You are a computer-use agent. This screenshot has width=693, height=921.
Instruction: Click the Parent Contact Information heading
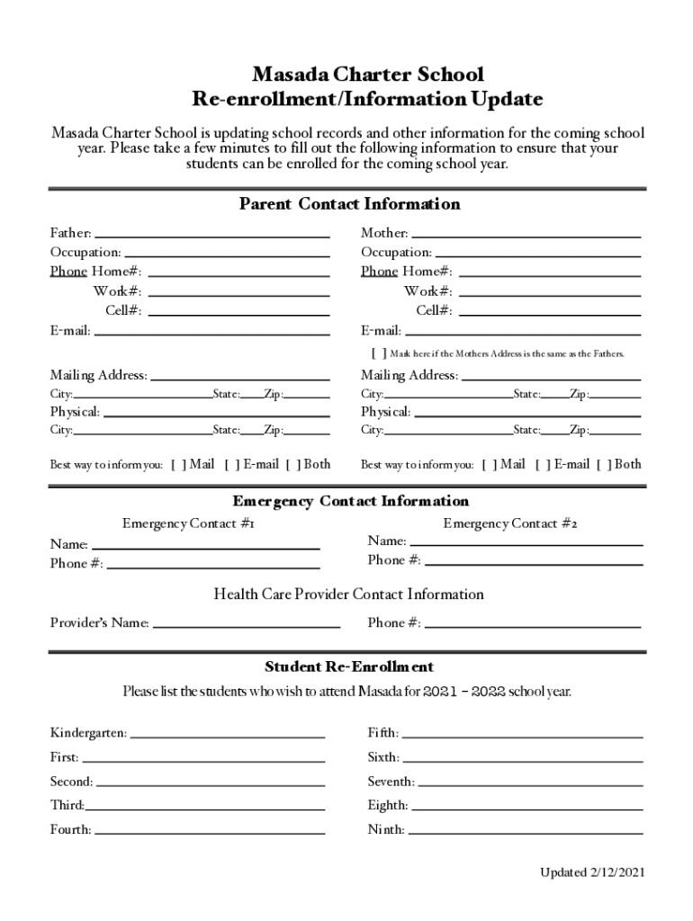pyautogui.click(x=349, y=204)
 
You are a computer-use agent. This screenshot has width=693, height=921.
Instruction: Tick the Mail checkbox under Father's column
pyautogui.click(x=177, y=465)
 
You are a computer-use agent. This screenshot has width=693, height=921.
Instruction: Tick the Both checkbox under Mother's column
pyautogui.click(x=602, y=465)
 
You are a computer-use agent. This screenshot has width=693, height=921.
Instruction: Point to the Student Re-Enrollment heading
pyautogui.click(x=349, y=666)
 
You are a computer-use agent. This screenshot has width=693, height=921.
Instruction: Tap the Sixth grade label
pyautogui.click(x=383, y=757)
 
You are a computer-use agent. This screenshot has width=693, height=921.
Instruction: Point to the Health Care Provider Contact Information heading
pyautogui.click(x=348, y=595)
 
